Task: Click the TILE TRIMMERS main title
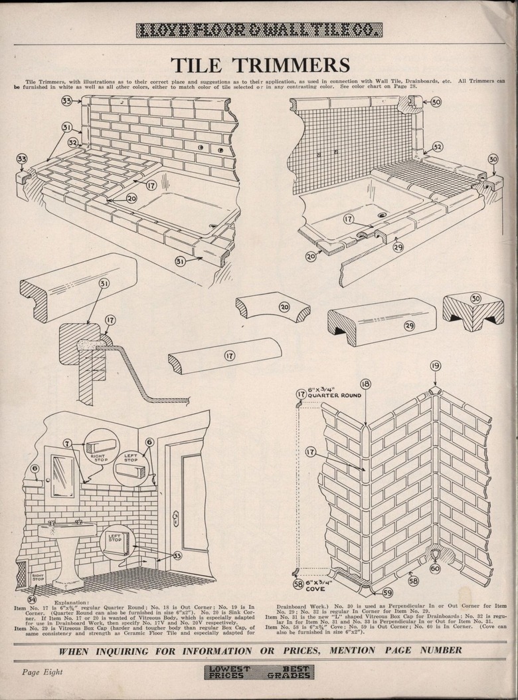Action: point(260,65)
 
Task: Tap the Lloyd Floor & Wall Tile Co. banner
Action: point(259,30)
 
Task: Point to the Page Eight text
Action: point(43,671)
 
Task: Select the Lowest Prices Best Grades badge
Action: point(259,671)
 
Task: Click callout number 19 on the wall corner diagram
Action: point(435,366)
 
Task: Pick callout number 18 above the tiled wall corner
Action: point(365,384)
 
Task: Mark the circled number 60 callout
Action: point(435,568)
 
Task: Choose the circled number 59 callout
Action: point(387,592)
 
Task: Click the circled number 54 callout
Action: point(32,600)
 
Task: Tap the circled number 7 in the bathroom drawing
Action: point(67,443)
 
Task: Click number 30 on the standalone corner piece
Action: point(475,299)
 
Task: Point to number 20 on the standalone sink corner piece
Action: point(284,307)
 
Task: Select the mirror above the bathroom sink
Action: point(64,475)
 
